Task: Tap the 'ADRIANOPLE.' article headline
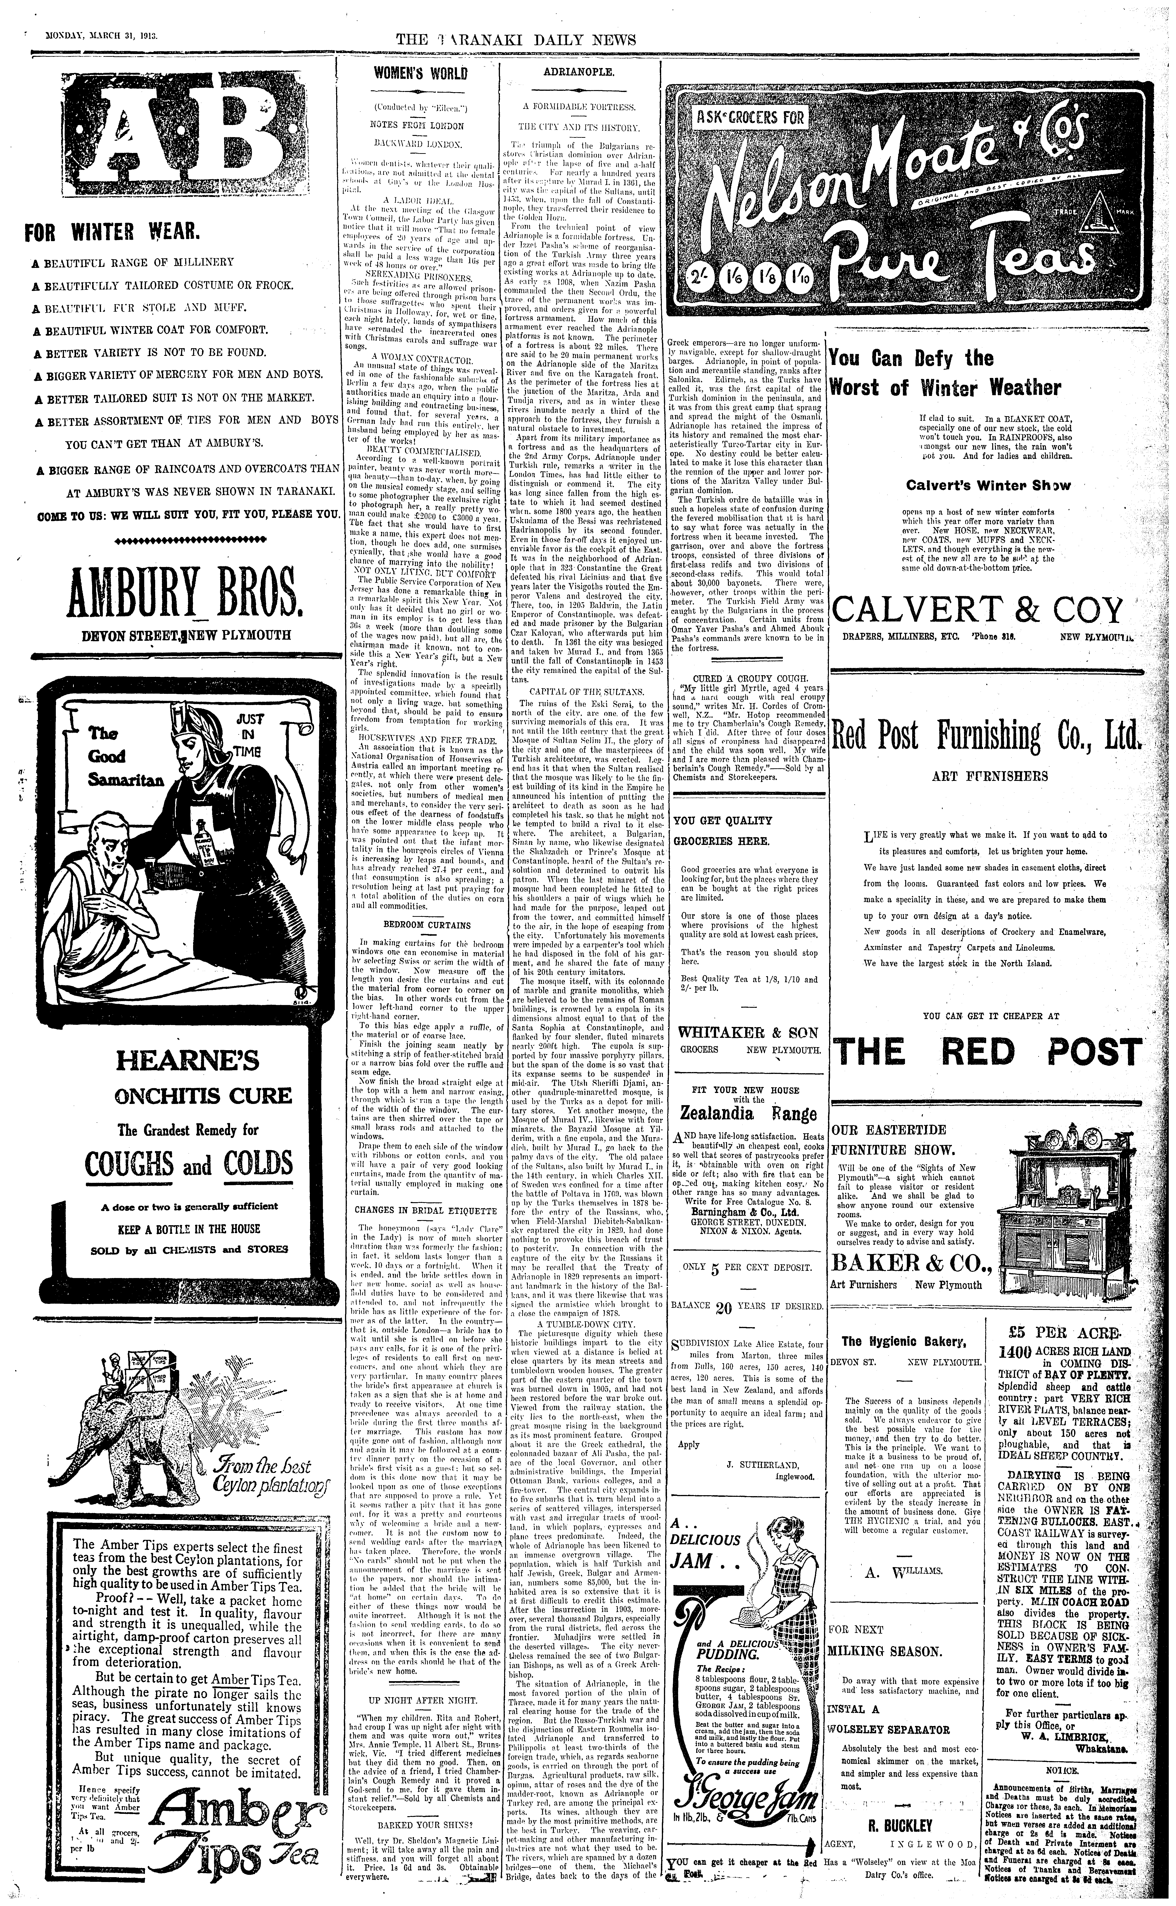[x=579, y=72]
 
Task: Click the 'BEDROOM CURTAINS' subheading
[x=427, y=924]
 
